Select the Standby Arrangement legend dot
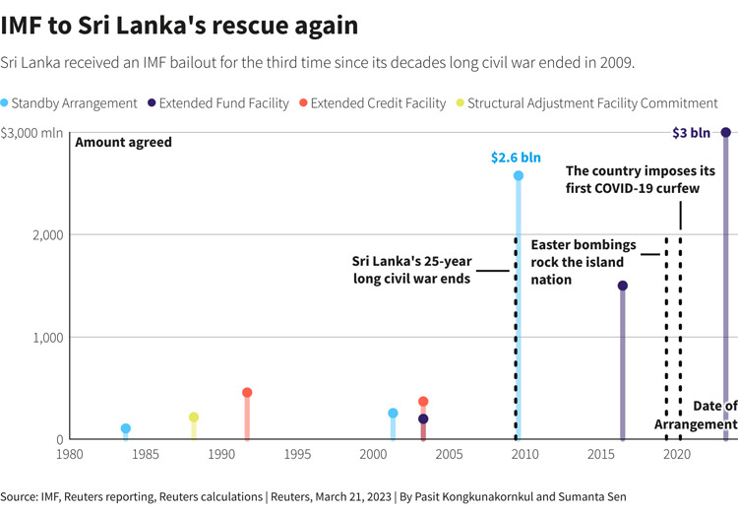click(x=6, y=102)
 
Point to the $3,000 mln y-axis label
click(x=32, y=132)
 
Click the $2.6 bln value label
click(x=516, y=158)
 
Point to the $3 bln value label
click(x=691, y=132)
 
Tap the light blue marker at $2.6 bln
click(x=519, y=175)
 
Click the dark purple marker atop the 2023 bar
click(x=726, y=132)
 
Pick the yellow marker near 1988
click(x=194, y=417)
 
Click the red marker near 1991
click(x=247, y=393)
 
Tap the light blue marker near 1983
click(x=126, y=428)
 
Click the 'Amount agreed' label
click(x=123, y=142)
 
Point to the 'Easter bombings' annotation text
click(x=584, y=244)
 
